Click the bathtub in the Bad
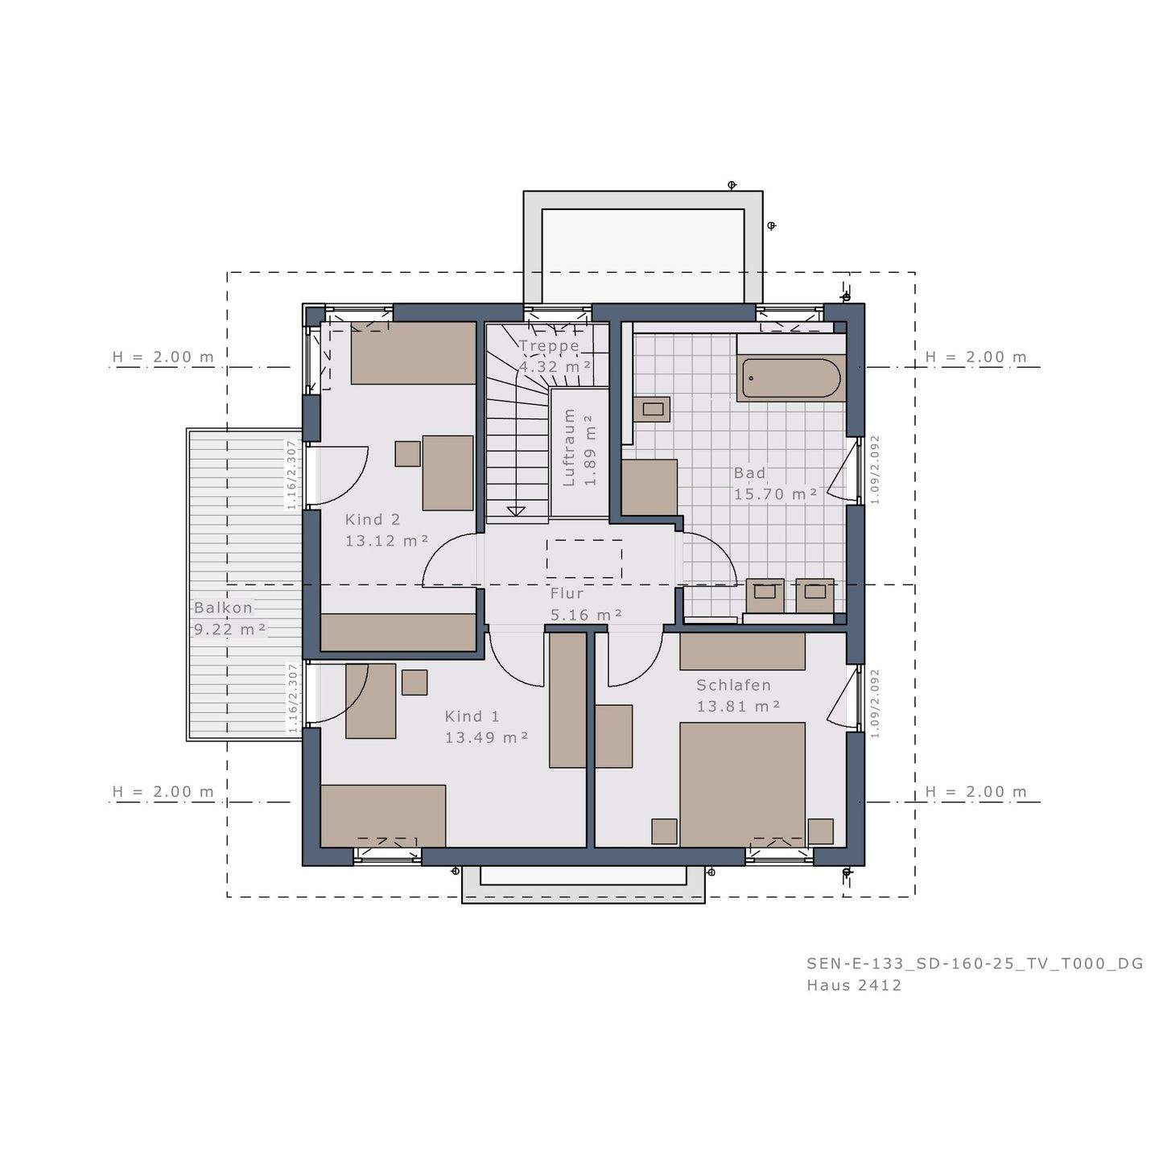tap(791, 377)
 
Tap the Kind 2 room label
tap(372, 520)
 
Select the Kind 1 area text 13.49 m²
tap(486, 737)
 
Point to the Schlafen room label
tap(733, 685)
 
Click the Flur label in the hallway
tap(567, 594)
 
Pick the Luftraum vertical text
tap(569, 448)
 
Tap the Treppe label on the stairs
tap(549, 346)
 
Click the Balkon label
tap(223, 608)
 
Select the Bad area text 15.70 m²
tap(775, 494)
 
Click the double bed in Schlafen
tap(742, 784)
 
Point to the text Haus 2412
tap(854, 985)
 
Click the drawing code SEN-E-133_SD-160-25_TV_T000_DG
tap(975, 963)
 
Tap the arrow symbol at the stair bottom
tap(516, 511)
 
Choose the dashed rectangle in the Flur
tap(584, 559)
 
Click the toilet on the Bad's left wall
tap(650, 409)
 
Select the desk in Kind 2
tap(448, 472)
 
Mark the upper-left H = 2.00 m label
tap(163, 357)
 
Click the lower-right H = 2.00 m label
tap(975, 792)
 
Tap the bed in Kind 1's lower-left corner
tap(383, 815)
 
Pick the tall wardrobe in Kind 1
tap(567, 699)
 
